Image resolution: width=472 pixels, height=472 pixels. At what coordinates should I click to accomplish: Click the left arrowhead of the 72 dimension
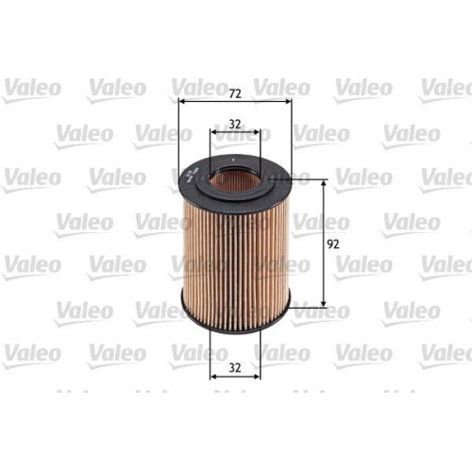tap(182, 104)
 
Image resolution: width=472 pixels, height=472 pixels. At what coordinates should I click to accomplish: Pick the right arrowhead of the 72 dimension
tap(287, 104)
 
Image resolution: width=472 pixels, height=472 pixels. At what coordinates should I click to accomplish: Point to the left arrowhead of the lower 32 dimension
tap(212, 375)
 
